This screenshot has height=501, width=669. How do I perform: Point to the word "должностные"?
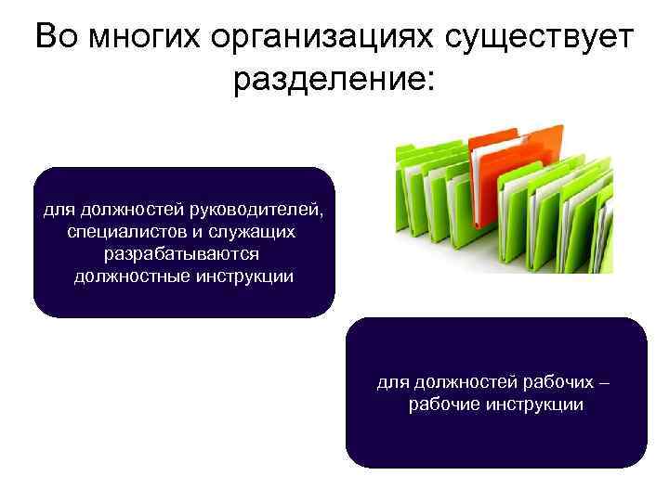point(128,276)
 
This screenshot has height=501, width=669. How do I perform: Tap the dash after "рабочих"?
point(608,382)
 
